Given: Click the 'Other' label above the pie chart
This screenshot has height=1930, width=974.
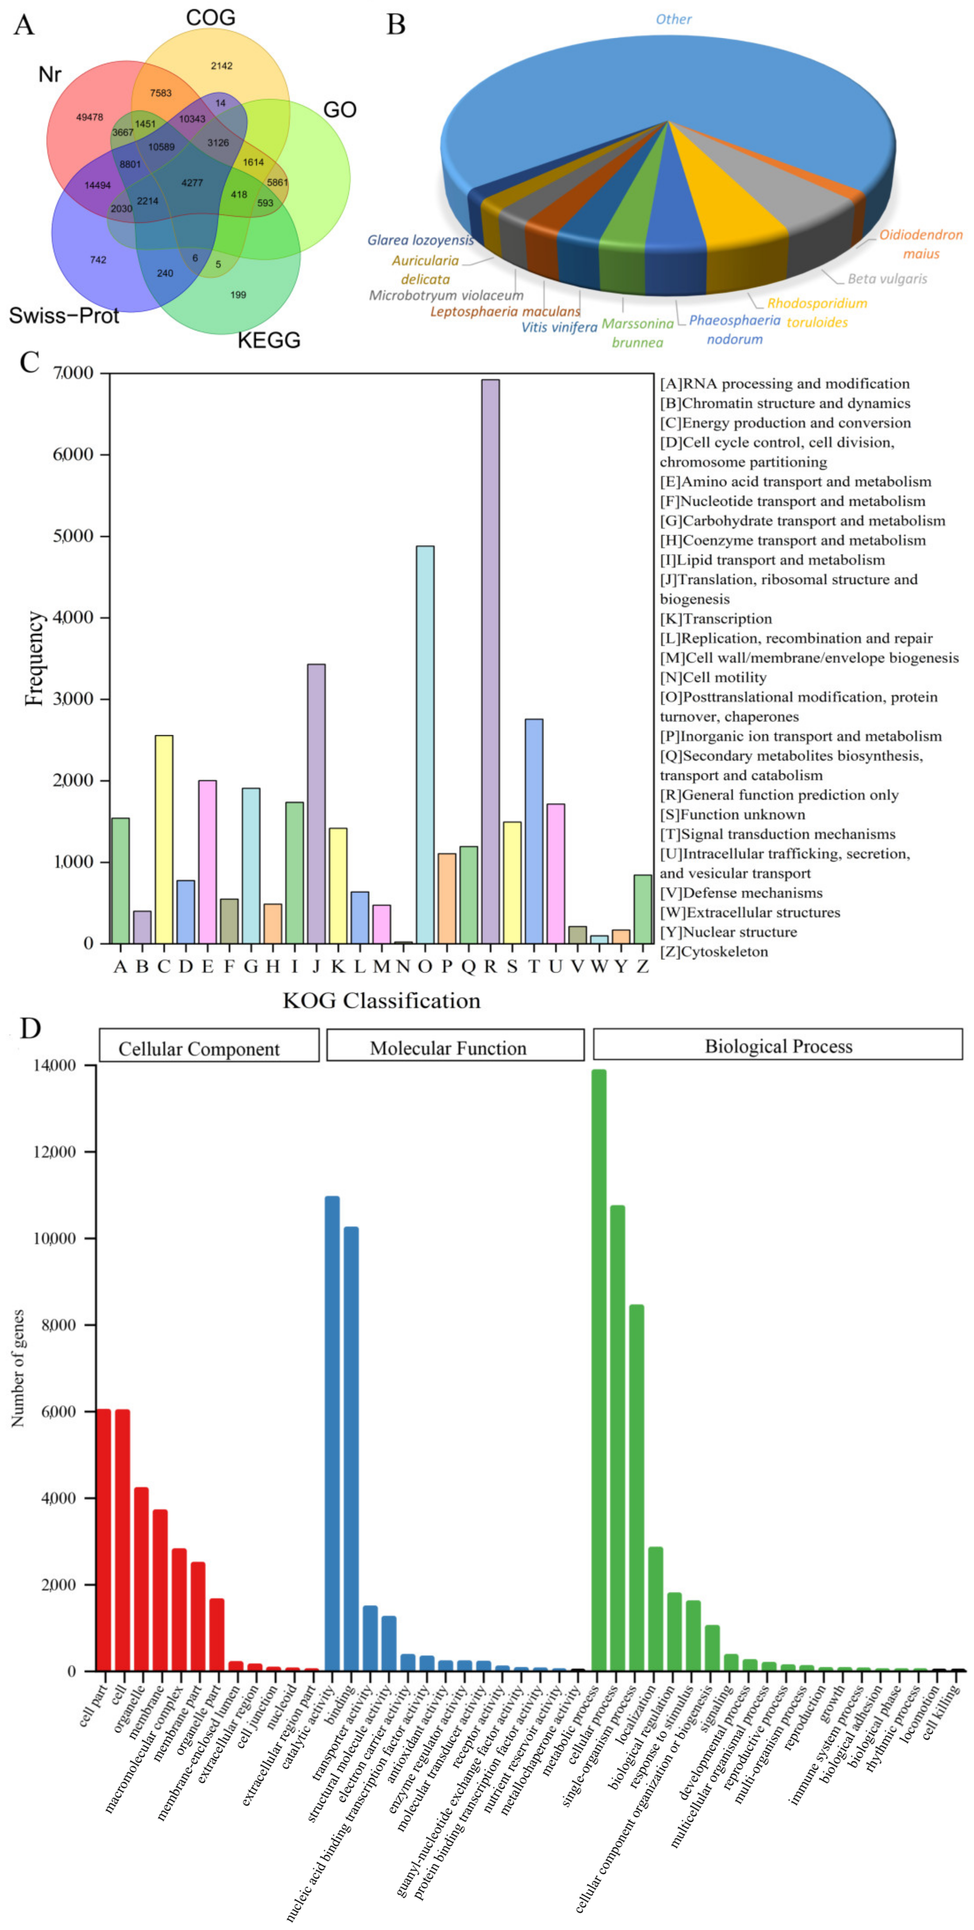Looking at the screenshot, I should (x=673, y=19).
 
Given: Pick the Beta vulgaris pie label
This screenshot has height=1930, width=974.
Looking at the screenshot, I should (x=887, y=279).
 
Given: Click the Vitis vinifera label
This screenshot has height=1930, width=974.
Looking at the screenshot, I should (x=559, y=327).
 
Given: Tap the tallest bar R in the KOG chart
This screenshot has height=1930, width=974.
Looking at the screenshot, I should (x=490, y=659).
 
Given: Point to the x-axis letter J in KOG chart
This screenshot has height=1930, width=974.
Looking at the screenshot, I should (x=316, y=966).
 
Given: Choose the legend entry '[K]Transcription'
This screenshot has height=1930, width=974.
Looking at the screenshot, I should (x=716, y=619).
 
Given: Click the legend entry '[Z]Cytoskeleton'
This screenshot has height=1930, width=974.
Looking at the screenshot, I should (x=713, y=952).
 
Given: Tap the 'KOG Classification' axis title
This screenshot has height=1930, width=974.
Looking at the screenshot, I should (x=381, y=1001).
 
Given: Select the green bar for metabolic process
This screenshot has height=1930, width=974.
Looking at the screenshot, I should (x=598, y=1371).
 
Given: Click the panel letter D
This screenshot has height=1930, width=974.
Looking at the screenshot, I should (x=30, y=1029).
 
